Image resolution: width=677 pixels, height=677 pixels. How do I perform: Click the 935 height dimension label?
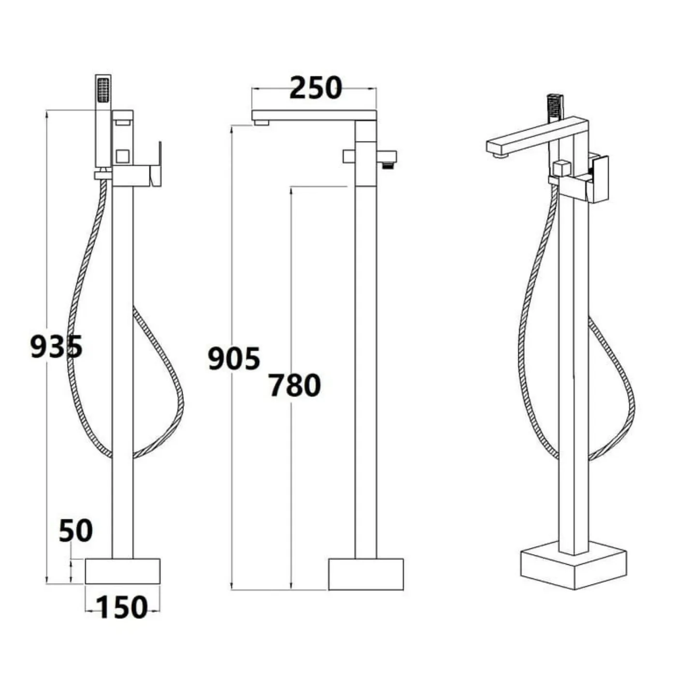[x=57, y=347]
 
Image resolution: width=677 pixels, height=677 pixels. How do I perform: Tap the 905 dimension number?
[x=234, y=358]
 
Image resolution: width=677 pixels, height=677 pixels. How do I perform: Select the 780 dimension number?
[x=295, y=385]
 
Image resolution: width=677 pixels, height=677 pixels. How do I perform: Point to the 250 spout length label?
[x=315, y=88]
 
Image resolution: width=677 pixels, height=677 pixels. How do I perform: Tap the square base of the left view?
[x=123, y=571]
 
